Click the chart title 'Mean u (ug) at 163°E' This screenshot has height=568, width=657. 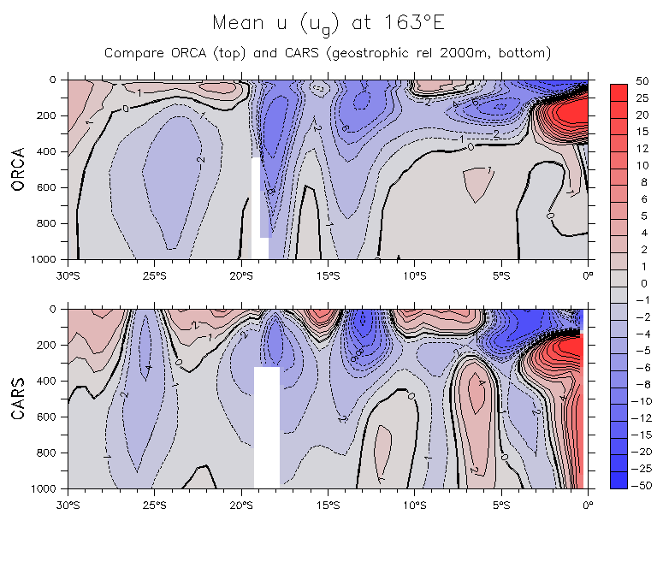click(x=328, y=23)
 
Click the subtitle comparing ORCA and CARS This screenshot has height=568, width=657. click(x=328, y=53)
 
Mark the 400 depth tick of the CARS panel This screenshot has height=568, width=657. click(x=54, y=380)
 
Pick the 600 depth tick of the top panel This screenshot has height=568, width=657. click(x=54, y=186)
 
